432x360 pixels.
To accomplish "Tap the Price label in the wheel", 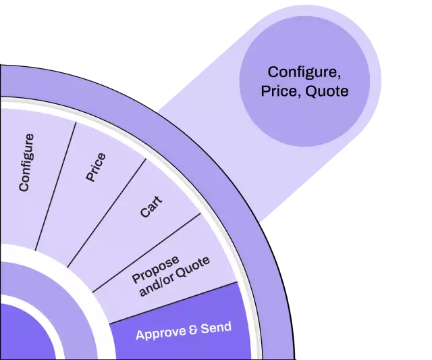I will (96, 168).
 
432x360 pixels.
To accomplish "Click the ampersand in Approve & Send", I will (194, 330).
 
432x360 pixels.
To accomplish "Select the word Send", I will (216, 328).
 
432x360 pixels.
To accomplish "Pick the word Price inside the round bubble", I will (279, 91).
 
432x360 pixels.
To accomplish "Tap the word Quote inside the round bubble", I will (327, 91).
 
